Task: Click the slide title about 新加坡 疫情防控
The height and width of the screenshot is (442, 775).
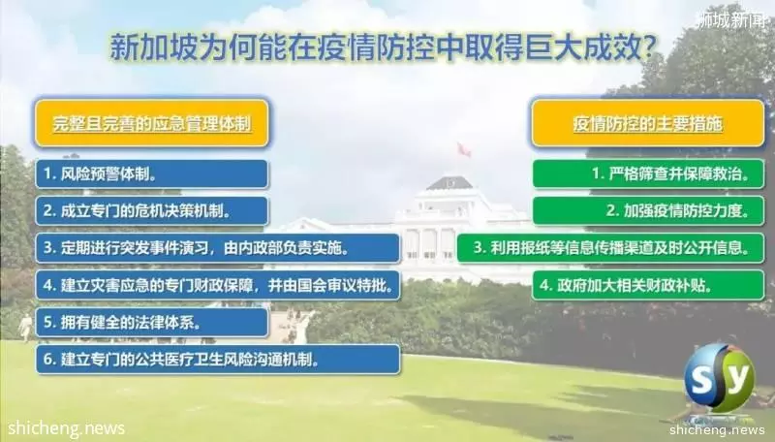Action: tap(383, 47)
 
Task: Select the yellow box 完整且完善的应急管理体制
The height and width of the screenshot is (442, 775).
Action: tap(152, 123)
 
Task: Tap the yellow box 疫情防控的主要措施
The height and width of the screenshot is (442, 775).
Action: tap(647, 123)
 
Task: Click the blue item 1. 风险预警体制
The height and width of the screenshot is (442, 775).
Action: tap(152, 174)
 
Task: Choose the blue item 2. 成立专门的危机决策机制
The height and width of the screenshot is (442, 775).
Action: tap(152, 211)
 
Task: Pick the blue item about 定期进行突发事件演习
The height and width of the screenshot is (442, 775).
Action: tap(217, 248)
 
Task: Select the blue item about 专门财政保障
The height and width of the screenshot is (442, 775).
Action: tap(217, 285)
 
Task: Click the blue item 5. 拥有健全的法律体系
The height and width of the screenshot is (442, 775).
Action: tap(152, 323)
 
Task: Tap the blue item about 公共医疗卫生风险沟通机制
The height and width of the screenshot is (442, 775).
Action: tap(217, 360)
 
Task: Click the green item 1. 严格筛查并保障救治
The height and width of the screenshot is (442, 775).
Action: tap(648, 174)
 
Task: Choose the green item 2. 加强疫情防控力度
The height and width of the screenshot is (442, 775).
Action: tap(648, 211)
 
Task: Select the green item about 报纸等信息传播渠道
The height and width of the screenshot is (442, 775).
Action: tap(610, 248)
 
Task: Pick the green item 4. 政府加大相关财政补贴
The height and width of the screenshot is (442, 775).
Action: tap(648, 285)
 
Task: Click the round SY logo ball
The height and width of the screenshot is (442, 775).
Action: tap(719, 378)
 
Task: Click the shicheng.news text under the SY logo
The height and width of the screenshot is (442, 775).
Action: tap(717, 429)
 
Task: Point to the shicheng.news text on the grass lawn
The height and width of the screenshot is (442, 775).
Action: tap(66, 428)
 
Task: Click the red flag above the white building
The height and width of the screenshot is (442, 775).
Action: tap(464, 149)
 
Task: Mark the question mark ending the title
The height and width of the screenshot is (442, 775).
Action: tap(650, 47)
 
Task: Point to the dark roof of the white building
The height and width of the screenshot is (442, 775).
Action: tap(449, 183)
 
